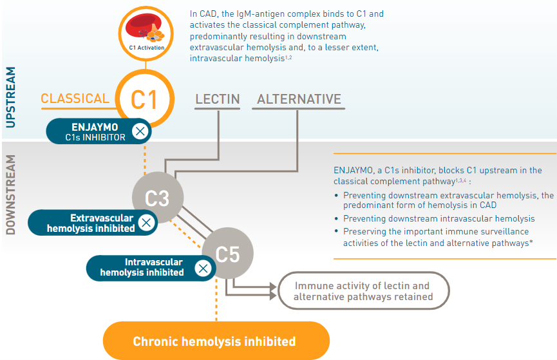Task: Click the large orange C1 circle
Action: pyautogui.click(x=145, y=99)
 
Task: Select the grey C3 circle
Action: pyautogui.click(x=157, y=198)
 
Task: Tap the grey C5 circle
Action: pyautogui.click(x=227, y=254)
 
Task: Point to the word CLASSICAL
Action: pyautogui.click(x=75, y=99)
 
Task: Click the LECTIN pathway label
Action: pyautogui.click(x=218, y=99)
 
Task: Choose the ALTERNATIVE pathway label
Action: pyautogui.click(x=299, y=99)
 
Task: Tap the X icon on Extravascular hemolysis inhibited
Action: pyautogui.click(x=146, y=223)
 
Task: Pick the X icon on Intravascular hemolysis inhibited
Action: pyautogui.click(x=203, y=268)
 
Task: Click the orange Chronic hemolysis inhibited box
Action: pyautogui.click(x=214, y=341)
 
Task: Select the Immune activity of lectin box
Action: pyautogui.click(x=363, y=291)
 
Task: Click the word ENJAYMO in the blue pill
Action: pyautogui.click(x=95, y=126)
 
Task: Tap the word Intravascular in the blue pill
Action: pyautogui.click(x=154, y=262)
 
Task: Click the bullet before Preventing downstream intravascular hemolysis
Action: pyautogui.click(x=337, y=219)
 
